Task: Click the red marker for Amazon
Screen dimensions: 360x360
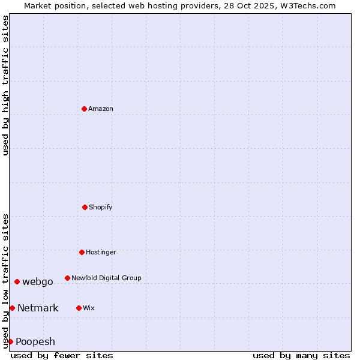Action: tap(84, 109)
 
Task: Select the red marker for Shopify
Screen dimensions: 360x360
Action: tap(85, 207)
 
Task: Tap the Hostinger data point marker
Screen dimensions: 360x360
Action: tap(82, 252)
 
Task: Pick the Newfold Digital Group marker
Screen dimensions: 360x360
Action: tap(67, 278)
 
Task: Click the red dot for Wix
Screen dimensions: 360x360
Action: tap(79, 308)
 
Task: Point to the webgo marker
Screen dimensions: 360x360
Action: tap(17, 281)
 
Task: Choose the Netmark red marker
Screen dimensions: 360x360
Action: tap(12, 308)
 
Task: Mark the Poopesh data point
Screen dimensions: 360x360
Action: tap(10, 341)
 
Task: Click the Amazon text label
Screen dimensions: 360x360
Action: tap(101, 109)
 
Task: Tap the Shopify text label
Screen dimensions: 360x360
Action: tap(101, 207)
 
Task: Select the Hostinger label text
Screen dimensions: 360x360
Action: tap(101, 252)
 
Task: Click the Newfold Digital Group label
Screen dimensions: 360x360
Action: tap(106, 278)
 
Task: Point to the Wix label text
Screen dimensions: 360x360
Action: tap(89, 308)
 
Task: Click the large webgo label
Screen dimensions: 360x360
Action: tap(38, 281)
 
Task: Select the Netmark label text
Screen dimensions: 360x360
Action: tap(38, 308)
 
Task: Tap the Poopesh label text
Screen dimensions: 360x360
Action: tap(35, 341)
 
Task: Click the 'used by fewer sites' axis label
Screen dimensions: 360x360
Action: tap(62, 355)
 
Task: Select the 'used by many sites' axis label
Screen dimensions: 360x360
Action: tap(301, 355)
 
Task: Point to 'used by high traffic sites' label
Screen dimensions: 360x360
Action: tap(5, 85)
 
